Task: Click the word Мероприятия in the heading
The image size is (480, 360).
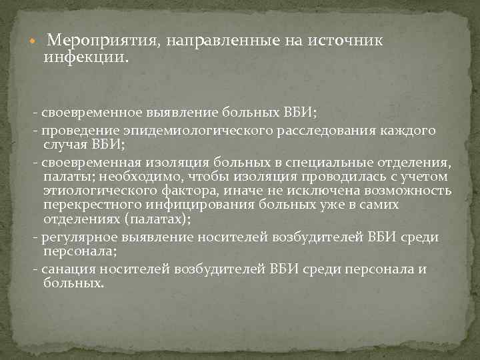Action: [x=101, y=40]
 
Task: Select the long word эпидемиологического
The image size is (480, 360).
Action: [x=191, y=130]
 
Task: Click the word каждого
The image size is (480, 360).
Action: [x=410, y=130]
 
